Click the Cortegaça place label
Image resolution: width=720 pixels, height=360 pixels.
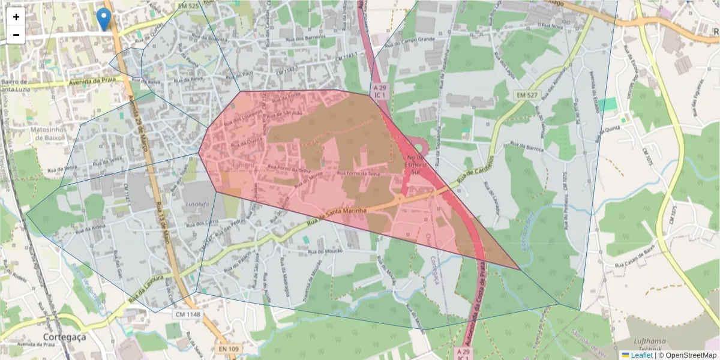coord(64,337)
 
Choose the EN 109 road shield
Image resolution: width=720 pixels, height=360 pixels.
coord(229,348)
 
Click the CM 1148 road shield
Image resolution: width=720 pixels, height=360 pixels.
coord(188,314)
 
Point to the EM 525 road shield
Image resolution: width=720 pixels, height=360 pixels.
coord(188,5)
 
